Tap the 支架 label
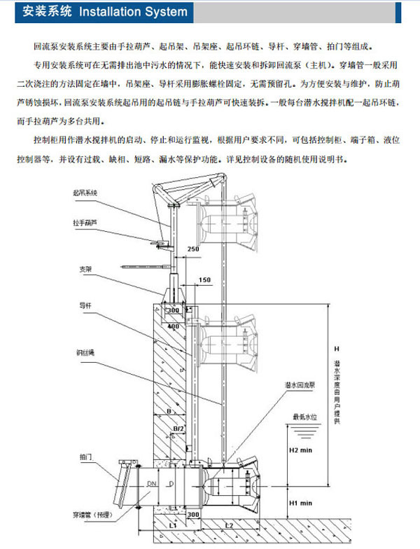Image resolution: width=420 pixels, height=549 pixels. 83,268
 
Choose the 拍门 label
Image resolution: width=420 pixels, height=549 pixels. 83,456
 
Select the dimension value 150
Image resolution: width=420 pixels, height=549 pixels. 204,280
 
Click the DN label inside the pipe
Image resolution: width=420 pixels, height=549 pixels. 151,485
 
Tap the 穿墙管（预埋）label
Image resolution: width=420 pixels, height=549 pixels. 97,516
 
